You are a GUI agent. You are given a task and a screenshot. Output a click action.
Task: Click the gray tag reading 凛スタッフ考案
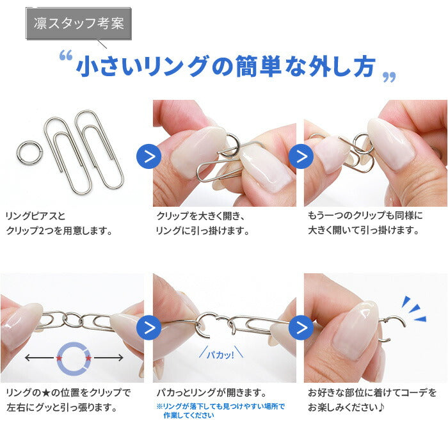pos(79,24)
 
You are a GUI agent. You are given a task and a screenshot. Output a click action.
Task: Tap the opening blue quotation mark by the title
pos(66,55)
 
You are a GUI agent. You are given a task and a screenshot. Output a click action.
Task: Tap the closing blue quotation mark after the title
pos(389,77)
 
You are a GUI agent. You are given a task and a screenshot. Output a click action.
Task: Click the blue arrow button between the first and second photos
pos(149,156)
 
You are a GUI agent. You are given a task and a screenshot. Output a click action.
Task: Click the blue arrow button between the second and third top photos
pos(301,156)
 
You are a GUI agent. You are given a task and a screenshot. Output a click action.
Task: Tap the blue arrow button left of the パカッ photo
pos(149,328)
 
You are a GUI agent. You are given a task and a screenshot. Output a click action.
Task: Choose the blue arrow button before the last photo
pos(301,328)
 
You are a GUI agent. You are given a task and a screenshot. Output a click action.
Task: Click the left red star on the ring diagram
pos(59,358)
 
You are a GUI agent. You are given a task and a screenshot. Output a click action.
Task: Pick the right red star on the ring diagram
pos(88,358)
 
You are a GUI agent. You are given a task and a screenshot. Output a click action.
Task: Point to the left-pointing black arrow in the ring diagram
pos(40,358)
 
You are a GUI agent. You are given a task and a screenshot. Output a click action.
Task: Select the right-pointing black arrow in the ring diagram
pos(109,358)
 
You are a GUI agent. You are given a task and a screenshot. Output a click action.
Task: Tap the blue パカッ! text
pos(221,355)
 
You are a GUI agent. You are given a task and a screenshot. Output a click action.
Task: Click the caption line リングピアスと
pos(35,216)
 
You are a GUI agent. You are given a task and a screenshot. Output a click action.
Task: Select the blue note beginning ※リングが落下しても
pos(221,411)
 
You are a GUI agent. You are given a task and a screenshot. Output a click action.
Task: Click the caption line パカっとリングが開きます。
pos(211,393)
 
